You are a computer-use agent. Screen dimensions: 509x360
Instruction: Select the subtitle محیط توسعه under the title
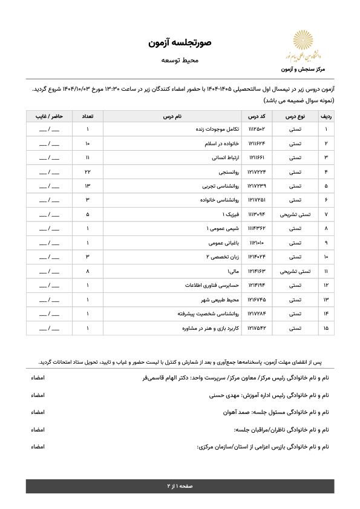click(x=180, y=61)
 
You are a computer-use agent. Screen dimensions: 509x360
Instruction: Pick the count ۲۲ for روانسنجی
click(x=88, y=172)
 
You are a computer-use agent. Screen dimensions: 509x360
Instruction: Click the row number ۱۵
click(x=326, y=328)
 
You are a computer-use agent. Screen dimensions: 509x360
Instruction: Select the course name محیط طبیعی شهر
click(x=222, y=300)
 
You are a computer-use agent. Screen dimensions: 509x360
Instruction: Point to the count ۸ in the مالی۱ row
click(x=88, y=272)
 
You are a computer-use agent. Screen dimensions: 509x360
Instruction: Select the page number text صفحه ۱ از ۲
click(x=180, y=486)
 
